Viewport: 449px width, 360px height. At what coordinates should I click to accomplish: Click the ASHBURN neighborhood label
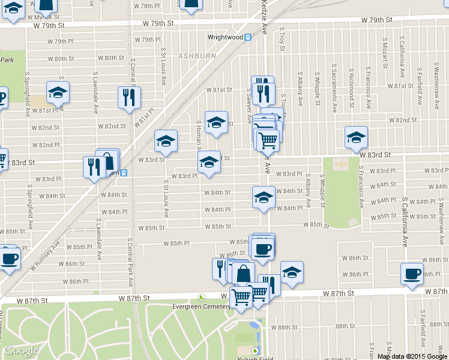click(x=196, y=56)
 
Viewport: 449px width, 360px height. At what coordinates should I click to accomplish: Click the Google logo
click(x=22, y=350)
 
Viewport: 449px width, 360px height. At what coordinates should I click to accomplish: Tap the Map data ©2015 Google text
click(x=412, y=356)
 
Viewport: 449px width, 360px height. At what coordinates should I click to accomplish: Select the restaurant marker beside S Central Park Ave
click(x=128, y=97)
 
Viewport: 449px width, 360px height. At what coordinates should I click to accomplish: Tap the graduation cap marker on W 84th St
click(x=264, y=197)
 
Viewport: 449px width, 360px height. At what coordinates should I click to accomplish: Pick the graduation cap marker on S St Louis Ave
click(x=166, y=141)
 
